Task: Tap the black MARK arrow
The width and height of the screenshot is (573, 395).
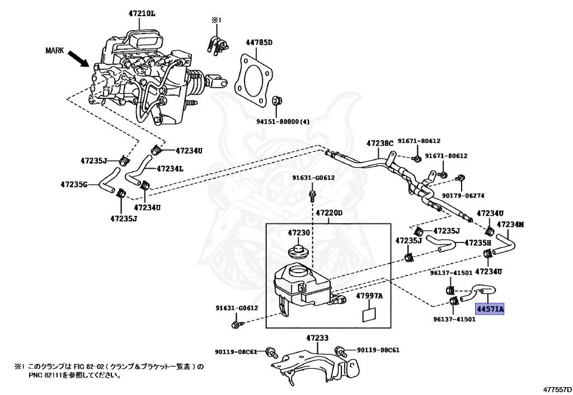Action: (x=78, y=58)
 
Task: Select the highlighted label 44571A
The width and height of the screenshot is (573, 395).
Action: (x=490, y=308)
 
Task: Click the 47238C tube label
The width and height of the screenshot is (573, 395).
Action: (x=381, y=143)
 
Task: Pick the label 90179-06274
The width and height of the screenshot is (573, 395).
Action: (x=463, y=196)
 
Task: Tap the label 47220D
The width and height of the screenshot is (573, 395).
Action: (x=328, y=213)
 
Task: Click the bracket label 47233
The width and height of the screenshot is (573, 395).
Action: (x=317, y=338)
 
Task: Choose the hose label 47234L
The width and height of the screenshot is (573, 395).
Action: (x=170, y=168)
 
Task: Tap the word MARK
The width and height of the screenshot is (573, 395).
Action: (x=55, y=50)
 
